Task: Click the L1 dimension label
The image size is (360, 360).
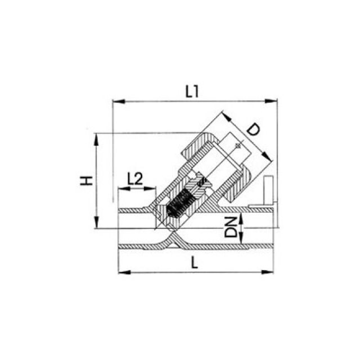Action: tap(192, 92)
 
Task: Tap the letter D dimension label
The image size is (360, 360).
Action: tap(253, 129)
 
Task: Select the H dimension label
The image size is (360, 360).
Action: tap(86, 181)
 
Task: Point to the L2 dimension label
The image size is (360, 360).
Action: tap(135, 179)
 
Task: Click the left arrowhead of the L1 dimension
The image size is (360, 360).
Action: tap(119, 101)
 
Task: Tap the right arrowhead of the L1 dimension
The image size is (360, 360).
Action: tap(271, 101)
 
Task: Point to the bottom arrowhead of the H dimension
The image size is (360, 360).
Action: tap(96, 222)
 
